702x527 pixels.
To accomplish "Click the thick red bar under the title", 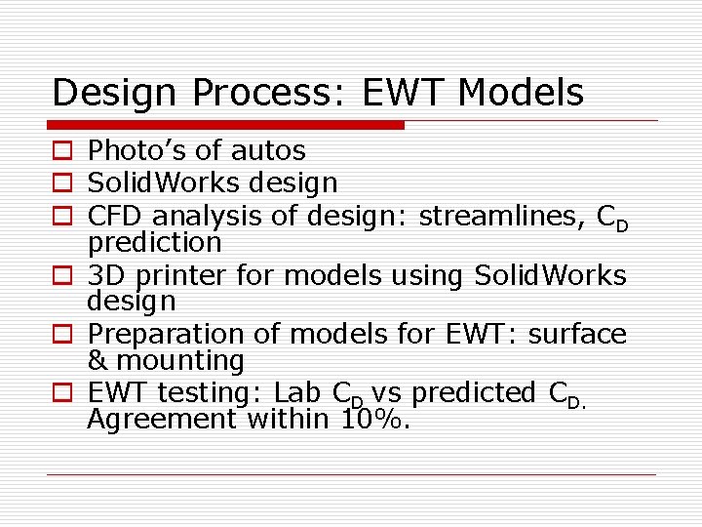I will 225,125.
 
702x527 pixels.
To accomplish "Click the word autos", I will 268,151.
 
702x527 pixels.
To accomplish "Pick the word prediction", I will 154,240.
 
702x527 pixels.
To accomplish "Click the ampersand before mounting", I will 97,361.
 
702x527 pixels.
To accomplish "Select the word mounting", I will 179,362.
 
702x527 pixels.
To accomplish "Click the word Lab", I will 298,392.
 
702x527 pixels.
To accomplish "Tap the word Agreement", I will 162,420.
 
